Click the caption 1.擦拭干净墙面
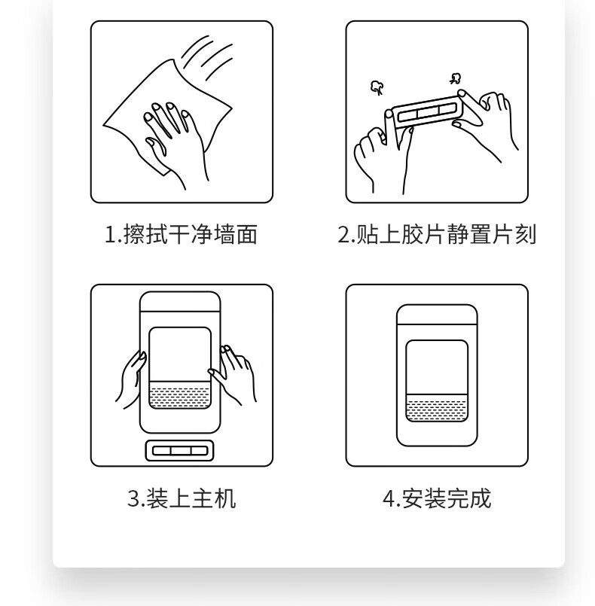[x=182, y=234]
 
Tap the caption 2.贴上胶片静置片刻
[x=437, y=234]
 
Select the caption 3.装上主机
[x=182, y=498]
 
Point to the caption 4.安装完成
[x=437, y=498]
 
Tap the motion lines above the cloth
[x=207, y=58]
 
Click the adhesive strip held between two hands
[x=426, y=112]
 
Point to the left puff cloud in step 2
[x=377, y=87]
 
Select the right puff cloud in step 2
[x=456, y=78]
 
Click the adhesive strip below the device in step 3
[x=179, y=451]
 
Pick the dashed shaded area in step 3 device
[x=180, y=395]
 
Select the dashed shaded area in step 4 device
[x=437, y=408]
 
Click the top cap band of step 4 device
[x=437, y=315]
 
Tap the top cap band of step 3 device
[x=180, y=302]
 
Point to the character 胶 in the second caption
[x=412, y=234]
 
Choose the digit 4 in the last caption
[x=389, y=498]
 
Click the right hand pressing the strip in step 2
[x=487, y=123]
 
